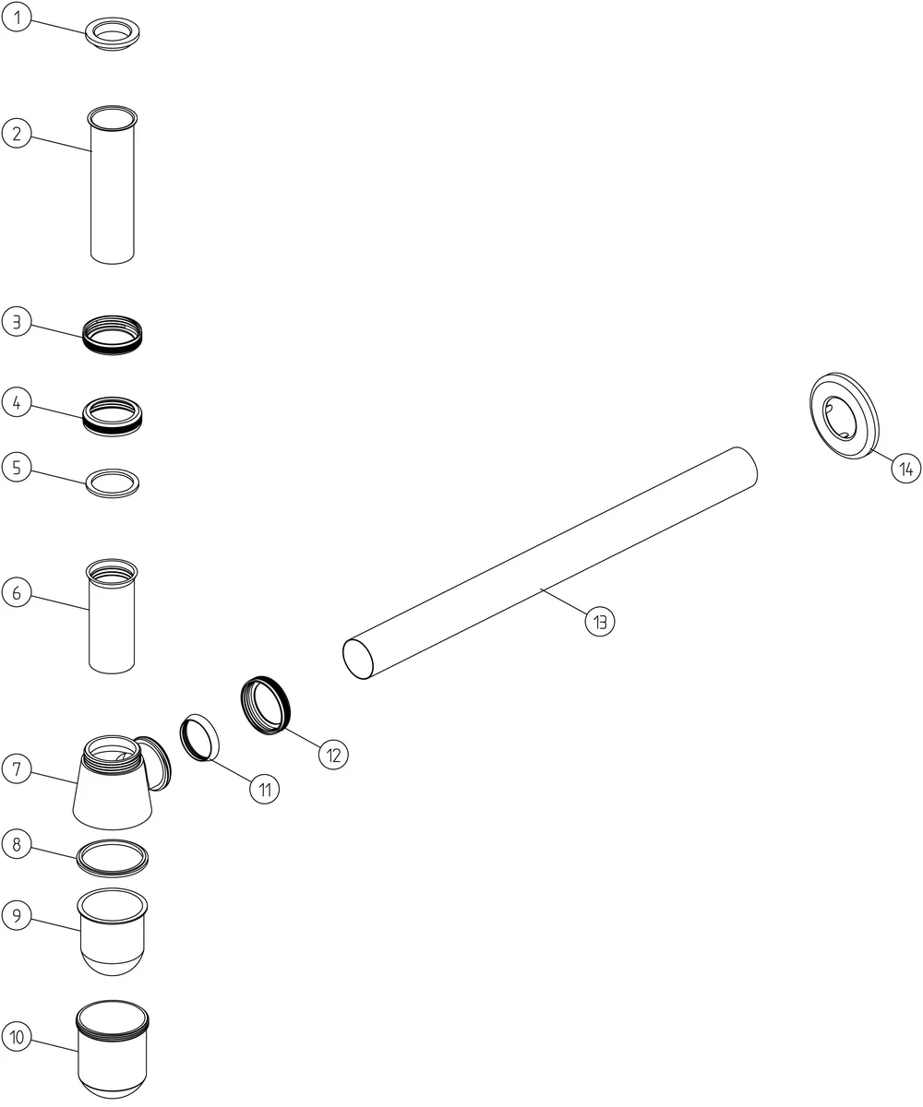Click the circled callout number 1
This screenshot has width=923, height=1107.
pyautogui.click(x=17, y=17)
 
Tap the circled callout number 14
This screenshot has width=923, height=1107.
pyautogui.click(x=906, y=468)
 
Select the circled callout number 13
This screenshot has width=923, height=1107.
pyautogui.click(x=600, y=622)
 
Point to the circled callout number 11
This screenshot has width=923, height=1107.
pyautogui.click(x=264, y=790)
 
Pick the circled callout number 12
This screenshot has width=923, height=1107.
pyautogui.click(x=333, y=755)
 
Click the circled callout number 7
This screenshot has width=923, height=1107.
pyautogui.click(x=17, y=768)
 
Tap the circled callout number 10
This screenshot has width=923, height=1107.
pyautogui.click(x=17, y=1037)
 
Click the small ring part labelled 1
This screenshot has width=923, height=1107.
pyautogui.click(x=112, y=42)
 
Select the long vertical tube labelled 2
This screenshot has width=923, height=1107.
pyautogui.click(x=112, y=185)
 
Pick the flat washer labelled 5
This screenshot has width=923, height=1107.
pyautogui.click(x=112, y=493)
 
